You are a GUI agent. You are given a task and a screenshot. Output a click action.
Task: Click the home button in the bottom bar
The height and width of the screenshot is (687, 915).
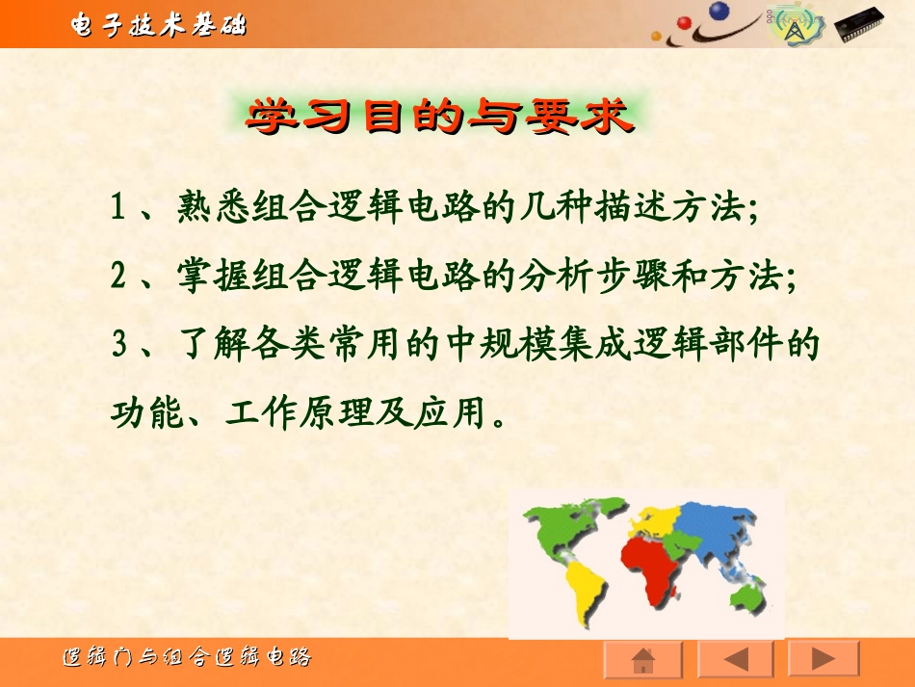(642, 660)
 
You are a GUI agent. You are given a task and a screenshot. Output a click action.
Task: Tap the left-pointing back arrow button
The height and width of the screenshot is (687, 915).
(734, 660)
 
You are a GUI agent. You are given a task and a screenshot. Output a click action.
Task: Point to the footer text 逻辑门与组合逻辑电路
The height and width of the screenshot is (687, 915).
(187, 659)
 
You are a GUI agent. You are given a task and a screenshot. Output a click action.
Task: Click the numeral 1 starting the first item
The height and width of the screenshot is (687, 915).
(118, 208)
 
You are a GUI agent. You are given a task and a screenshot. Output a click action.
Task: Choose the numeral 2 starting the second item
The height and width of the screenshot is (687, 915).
(118, 277)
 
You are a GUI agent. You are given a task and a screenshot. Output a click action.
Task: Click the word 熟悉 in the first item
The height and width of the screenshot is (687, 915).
(203, 207)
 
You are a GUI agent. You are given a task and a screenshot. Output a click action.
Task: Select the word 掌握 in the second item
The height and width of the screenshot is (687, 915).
(203, 277)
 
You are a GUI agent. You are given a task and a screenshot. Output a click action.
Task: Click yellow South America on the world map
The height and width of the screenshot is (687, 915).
(586, 588)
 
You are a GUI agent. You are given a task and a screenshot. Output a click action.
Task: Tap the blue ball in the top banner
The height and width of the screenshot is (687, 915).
(719, 13)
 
